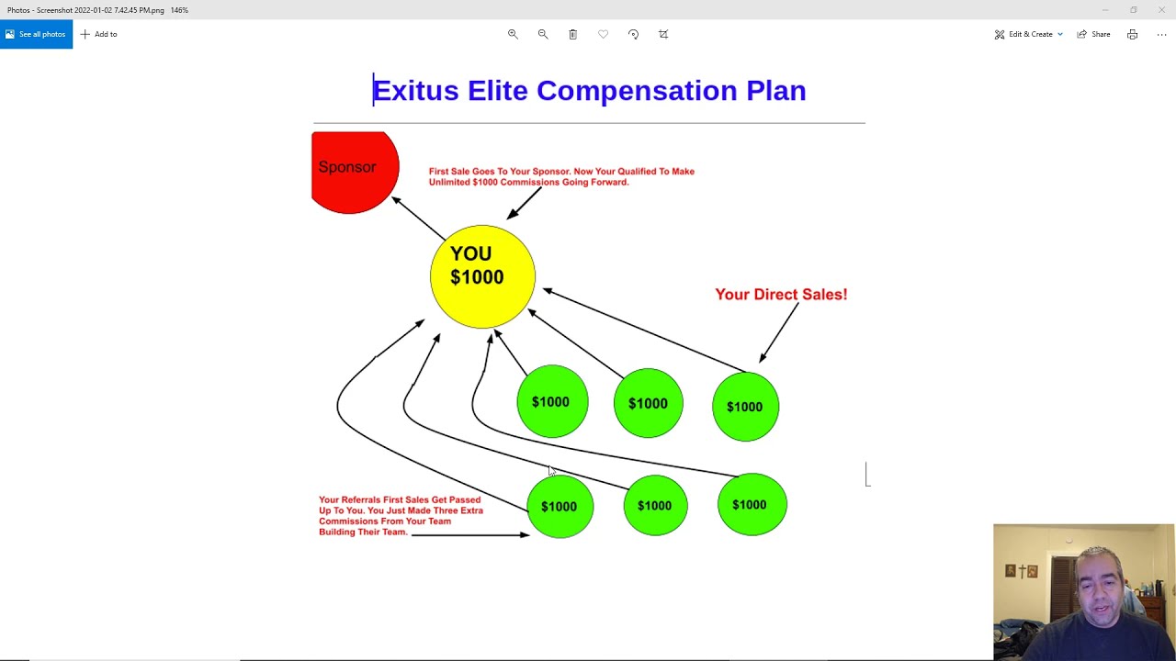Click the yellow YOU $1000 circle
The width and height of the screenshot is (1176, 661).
pos(482,275)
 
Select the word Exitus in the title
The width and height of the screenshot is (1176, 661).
pos(415,91)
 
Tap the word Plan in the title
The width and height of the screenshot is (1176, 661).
pos(775,91)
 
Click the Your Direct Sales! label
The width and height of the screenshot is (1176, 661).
pos(781,295)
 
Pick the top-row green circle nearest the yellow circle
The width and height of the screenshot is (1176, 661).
pos(552,402)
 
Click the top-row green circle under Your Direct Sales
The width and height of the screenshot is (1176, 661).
pos(745,407)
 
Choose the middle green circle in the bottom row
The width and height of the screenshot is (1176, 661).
pos(655,506)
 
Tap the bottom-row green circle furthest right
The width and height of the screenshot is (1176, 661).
pos(752,505)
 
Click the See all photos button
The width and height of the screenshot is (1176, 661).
pos(36,34)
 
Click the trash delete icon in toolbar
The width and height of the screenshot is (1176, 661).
pos(572,34)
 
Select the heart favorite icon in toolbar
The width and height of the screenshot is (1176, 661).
pos(603,34)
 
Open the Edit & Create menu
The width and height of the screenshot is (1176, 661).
pos(1029,34)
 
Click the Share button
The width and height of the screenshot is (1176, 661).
pos(1094,34)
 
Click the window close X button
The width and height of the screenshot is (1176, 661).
pos(1161,10)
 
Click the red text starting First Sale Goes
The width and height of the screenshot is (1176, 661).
pos(561,176)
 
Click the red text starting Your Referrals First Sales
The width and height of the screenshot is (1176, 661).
pos(401,516)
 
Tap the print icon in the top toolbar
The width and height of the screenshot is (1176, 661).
pos(1132,34)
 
